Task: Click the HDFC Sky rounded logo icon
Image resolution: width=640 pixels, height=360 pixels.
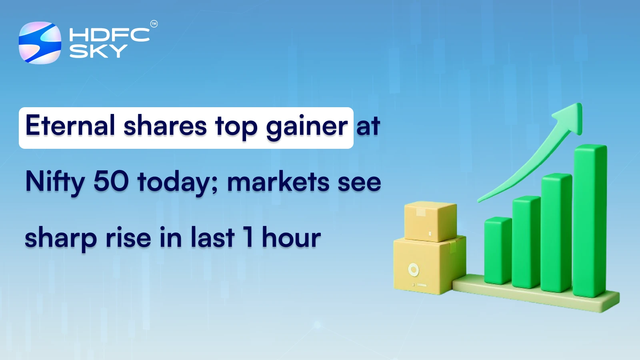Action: pyautogui.click(x=40, y=43)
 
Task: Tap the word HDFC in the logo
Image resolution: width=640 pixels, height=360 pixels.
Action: pyautogui.click(x=109, y=35)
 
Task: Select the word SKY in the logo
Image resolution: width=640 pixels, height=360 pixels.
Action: pyautogui.click(x=98, y=51)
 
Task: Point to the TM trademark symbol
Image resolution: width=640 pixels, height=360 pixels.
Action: pyautogui.click(x=154, y=24)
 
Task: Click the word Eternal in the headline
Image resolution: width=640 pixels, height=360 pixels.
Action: pyautogui.click(x=70, y=126)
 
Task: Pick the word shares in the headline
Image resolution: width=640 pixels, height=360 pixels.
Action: pyautogui.click(x=165, y=126)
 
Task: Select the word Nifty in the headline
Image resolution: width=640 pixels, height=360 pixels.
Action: pyautogui.click(x=55, y=182)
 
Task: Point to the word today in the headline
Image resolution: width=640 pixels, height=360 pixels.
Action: pyautogui.click(x=177, y=182)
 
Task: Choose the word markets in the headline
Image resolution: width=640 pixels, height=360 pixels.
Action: pyautogui.click(x=278, y=182)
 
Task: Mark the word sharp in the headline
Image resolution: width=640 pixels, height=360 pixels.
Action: pyautogui.click(x=61, y=238)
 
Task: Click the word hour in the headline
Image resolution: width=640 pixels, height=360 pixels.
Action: pyautogui.click(x=291, y=238)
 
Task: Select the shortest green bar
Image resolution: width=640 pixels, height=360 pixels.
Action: pyautogui.click(x=498, y=250)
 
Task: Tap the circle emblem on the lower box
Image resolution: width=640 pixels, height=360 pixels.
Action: pyautogui.click(x=413, y=270)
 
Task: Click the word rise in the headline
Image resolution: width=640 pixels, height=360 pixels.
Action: pyautogui.click(x=128, y=238)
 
